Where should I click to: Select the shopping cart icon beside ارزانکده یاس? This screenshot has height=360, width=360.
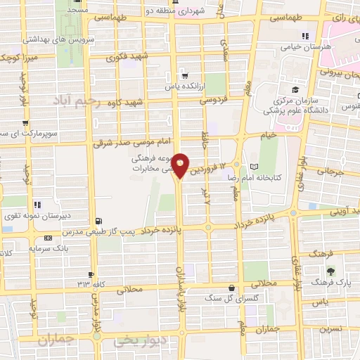click(x=184, y=73)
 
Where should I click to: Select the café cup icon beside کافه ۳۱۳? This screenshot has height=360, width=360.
click(x=91, y=274)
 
